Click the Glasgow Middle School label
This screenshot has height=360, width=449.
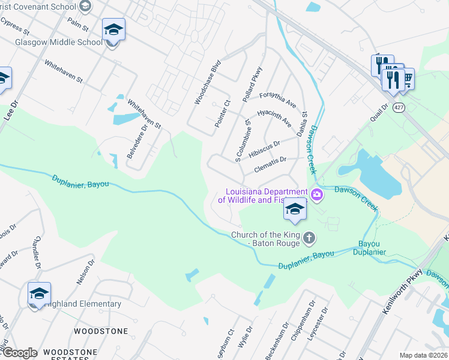point(59,43)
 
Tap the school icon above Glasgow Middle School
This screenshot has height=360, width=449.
point(113,29)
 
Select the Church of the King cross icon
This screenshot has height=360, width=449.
point(309,239)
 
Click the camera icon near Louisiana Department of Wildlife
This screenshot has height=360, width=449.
point(317,194)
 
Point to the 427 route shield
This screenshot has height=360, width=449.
point(399,107)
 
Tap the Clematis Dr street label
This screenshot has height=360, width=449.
point(271,160)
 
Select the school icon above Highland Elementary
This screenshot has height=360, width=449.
point(39,293)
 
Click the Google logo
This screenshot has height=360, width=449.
point(20,353)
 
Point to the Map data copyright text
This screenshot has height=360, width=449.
point(423,355)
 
